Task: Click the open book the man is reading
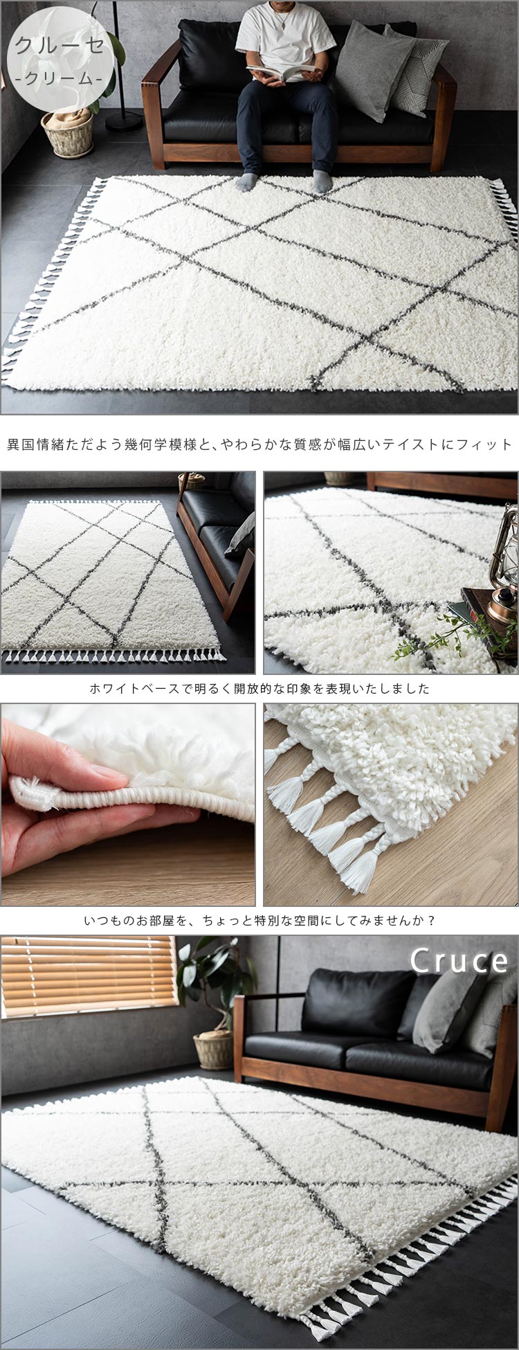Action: pyautogui.click(x=284, y=71)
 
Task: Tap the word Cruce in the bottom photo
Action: pyautogui.click(x=459, y=960)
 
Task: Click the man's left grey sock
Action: pyautogui.click(x=322, y=181)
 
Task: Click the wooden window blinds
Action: pyautogui.click(x=89, y=975)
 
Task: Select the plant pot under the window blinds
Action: pyautogui.click(x=214, y=1048)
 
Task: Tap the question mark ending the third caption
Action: pyautogui.click(x=431, y=921)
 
